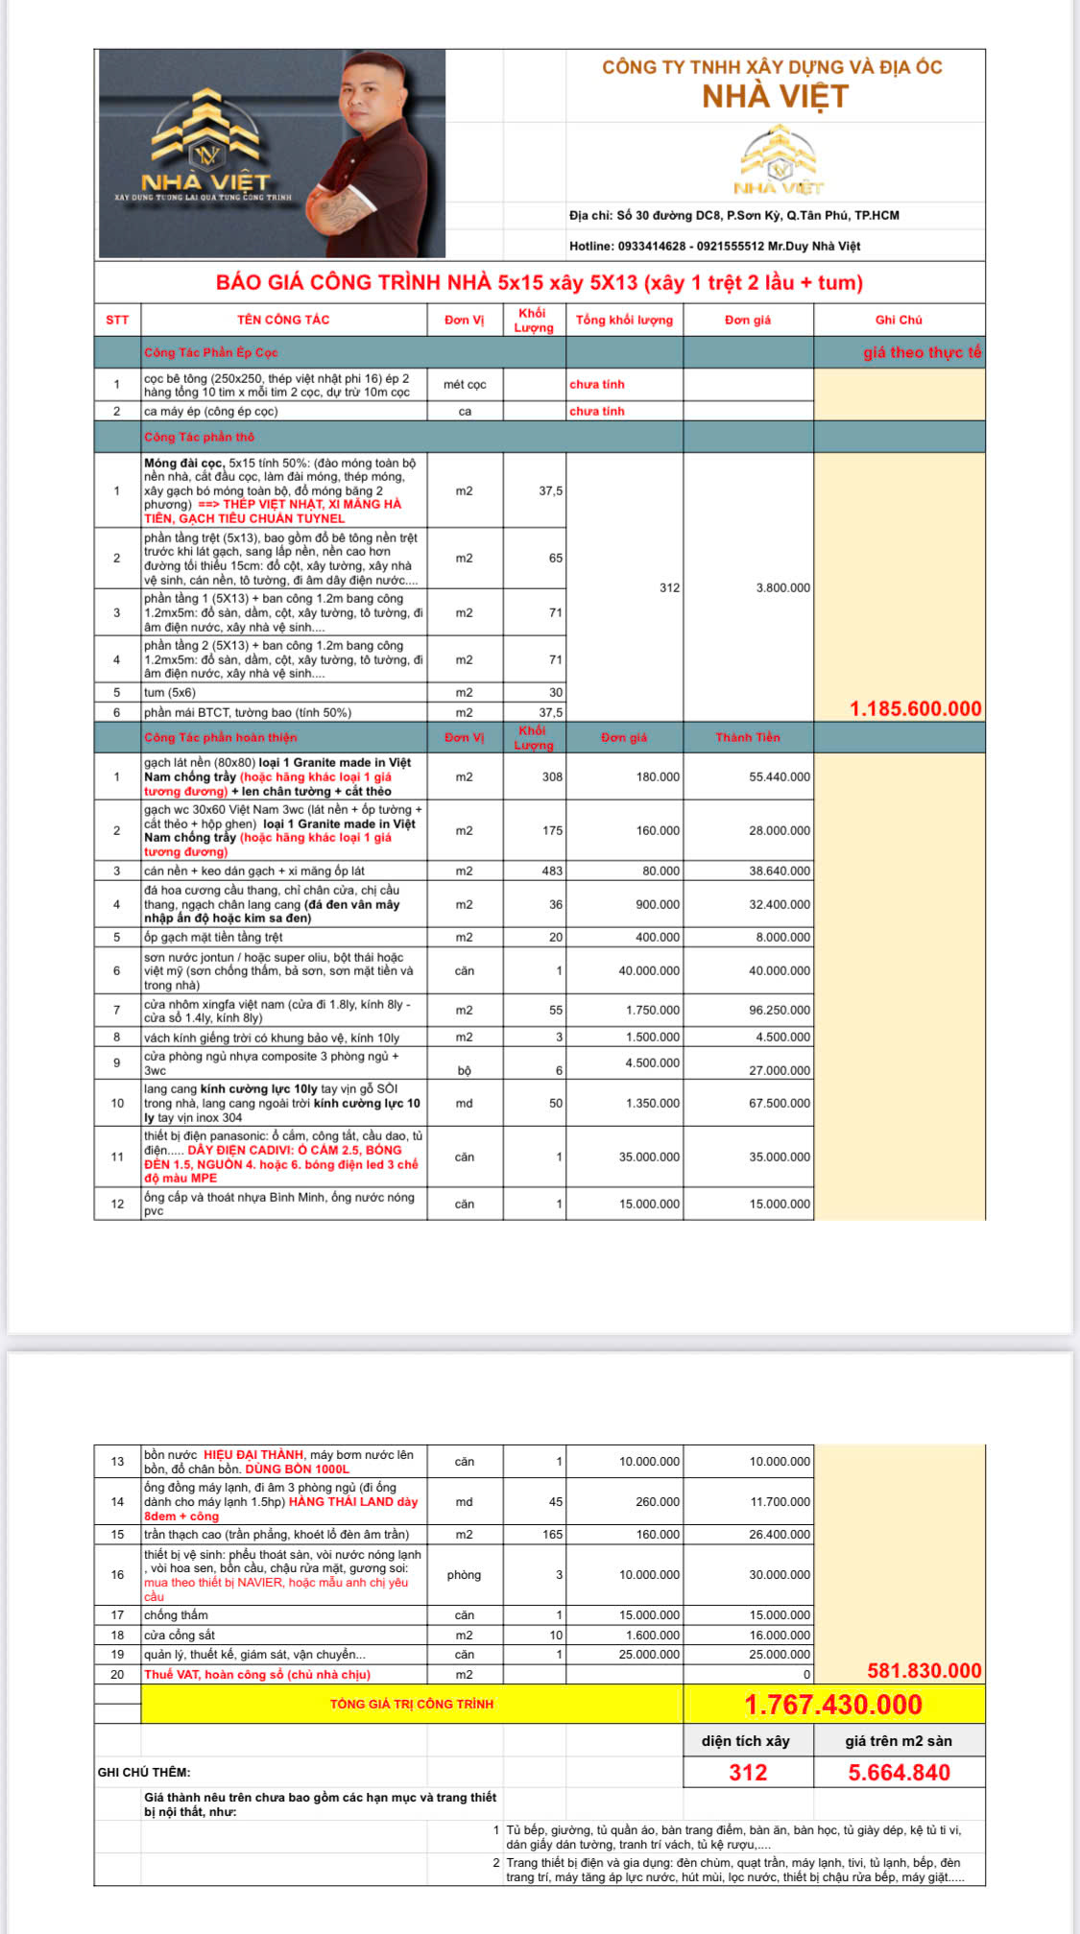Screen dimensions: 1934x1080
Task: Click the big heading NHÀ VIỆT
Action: click(x=775, y=97)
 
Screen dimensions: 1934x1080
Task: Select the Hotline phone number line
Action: click(x=714, y=247)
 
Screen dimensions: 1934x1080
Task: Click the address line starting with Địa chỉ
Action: click(x=733, y=216)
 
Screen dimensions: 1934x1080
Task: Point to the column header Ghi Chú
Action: click(x=898, y=320)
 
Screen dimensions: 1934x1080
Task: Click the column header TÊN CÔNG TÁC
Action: click(x=283, y=320)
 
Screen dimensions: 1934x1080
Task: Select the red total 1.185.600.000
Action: click(x=915, y=709)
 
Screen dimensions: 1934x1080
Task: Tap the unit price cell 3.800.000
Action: click(x=782, y=588)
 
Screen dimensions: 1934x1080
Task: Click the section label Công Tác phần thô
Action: click(x=200, y=438)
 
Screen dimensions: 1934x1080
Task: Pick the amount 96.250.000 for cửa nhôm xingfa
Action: click(x=779, y=1011)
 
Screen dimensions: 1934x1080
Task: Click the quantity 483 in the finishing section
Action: click(x=552, y=871)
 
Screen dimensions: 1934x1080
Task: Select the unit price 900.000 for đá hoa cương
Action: click(x=658, y=905)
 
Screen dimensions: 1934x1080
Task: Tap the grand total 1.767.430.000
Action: click(x=832, y=1705)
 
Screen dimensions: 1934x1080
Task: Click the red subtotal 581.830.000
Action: click(x=924, y=1671)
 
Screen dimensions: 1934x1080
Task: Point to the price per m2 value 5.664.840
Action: click(x=899, y=1773)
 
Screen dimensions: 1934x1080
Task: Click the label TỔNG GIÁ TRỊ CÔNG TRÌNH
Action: click(x=412, y=1705)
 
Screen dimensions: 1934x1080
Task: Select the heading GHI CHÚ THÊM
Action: click(x=144, y=1773)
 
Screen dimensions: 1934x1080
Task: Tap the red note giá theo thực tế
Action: click(x=922, y=352)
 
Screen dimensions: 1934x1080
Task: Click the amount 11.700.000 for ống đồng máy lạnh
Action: click(x=780, y=1502)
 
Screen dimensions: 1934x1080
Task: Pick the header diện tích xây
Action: click(x=745, y=1741)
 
